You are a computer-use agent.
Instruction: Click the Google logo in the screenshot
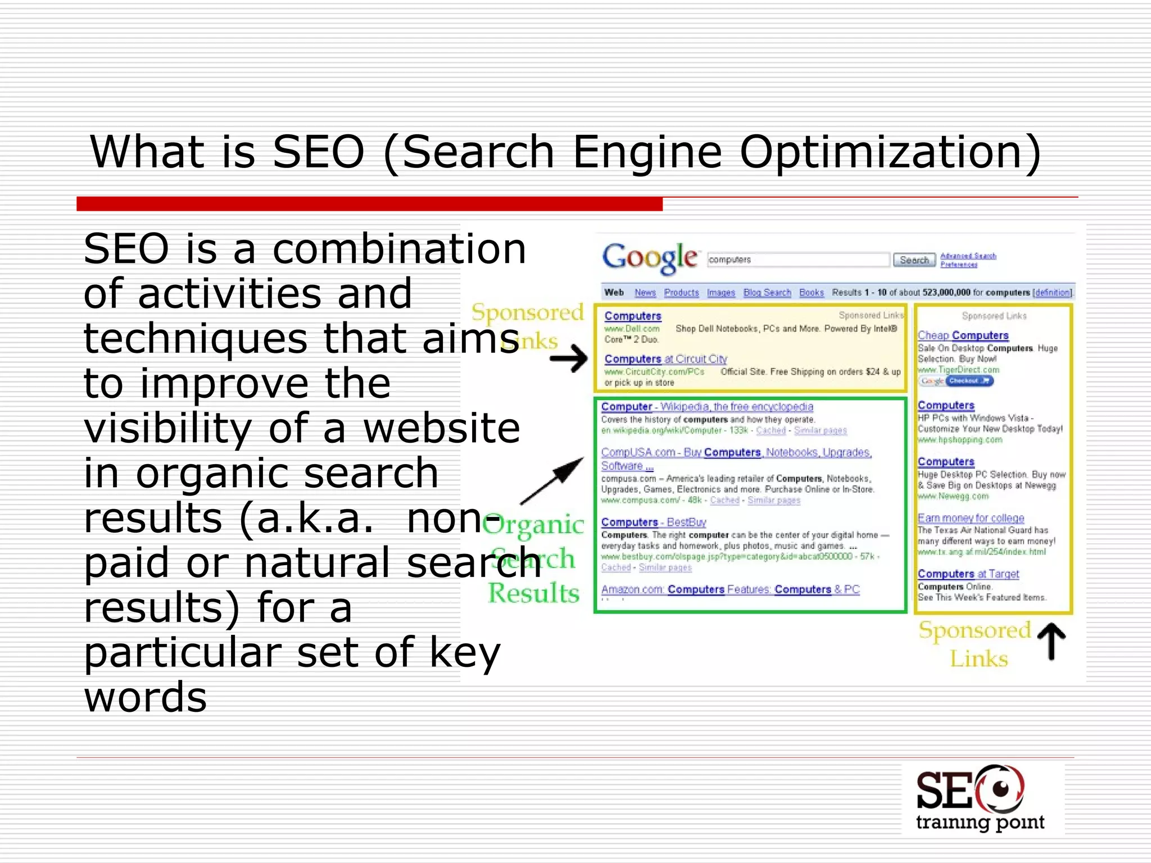tap(650, 258)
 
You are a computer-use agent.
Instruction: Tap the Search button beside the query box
tap(914, 260)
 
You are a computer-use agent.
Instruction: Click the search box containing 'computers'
tap(798, 260)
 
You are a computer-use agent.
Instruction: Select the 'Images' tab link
tap(721, 293)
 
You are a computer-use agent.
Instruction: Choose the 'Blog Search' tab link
tap(767, 293)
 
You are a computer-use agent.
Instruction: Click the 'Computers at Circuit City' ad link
tap(665, 359)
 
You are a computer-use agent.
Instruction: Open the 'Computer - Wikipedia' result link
tap(707, 407)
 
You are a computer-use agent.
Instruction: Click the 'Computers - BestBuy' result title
tap(654, 522)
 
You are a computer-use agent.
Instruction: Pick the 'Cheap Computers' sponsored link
tap(963, 335)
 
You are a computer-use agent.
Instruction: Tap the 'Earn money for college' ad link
tap(971, 518)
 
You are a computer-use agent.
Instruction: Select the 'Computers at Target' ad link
tap(968, 574)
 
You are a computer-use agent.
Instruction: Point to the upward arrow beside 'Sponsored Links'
tap(1051, 642)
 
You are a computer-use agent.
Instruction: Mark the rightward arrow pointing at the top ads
tap(569, 358)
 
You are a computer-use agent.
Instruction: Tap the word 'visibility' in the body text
tap(168, 428)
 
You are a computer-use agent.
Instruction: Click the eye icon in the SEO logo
tap(1000, 789)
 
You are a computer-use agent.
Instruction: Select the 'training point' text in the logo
tap(980, 823)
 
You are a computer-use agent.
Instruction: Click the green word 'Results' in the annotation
tap(534, 593)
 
